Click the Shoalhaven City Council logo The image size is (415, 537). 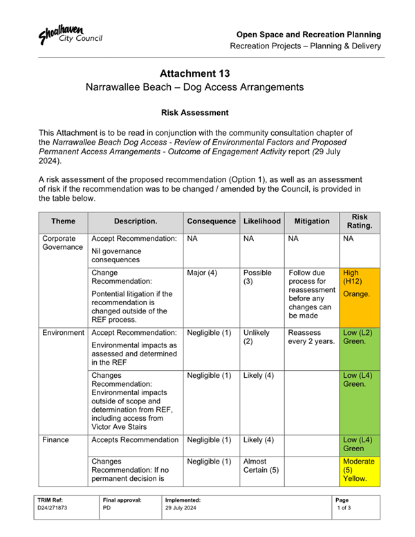(x=70, y=35)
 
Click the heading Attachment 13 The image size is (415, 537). (x=194, y=73)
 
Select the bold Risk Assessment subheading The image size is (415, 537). (x=194, y=111)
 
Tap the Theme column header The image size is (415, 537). (x=63, y=221)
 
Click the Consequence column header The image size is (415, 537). (x=211, y=221)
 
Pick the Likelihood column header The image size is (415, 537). (x=262, y=221)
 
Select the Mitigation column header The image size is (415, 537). (x=311, y=221)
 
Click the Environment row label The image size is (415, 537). (x=63, y=333)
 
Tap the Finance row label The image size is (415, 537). (x=55, y=440)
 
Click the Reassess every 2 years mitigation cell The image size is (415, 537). (x=311, y=337)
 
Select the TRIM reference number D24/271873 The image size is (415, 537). (x=54, y=507)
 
